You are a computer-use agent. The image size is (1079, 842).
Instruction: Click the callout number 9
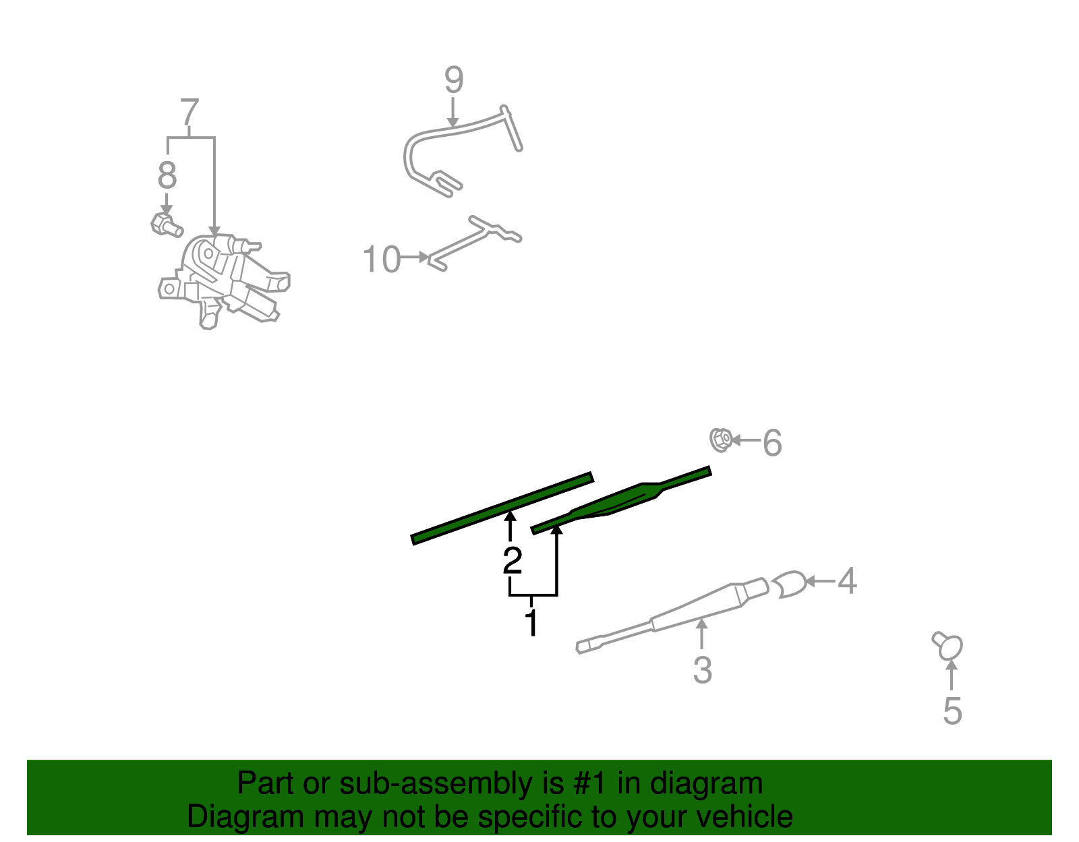click(453, 80)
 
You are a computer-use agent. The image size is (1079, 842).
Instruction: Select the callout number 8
click(167, 175)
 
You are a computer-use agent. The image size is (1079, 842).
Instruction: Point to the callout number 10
click(381, 258)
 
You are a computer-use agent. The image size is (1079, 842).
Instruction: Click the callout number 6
click(772, 443)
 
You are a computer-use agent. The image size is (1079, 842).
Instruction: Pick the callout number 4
click(847, 580)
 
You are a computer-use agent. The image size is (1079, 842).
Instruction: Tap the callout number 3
click(702, 670)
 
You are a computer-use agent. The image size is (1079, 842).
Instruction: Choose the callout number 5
click(952, 711)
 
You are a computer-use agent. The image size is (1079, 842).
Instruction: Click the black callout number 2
click(512, 560)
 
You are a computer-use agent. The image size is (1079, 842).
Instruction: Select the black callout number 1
click(532, 622)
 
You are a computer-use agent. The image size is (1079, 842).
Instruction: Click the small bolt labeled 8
click(167, 224)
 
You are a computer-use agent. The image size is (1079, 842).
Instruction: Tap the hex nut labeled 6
click(720, 440)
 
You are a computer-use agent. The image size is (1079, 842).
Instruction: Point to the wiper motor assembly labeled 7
click(223, 280)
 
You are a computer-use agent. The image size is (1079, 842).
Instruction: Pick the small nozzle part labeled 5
click(948, 646)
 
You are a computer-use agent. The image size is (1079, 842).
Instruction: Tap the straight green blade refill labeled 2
click(502, 508)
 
